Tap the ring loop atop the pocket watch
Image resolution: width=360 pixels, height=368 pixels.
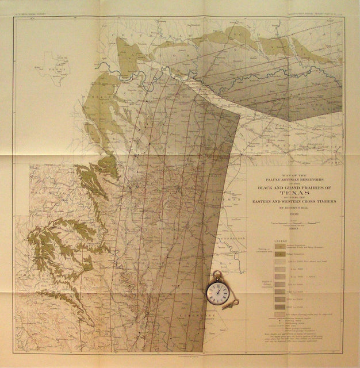pos(217,274)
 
